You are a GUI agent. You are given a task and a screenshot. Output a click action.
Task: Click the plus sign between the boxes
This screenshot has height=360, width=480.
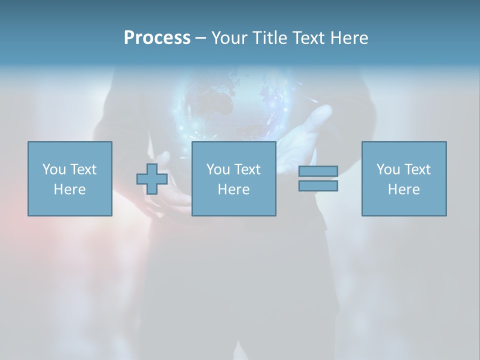[x=152, y=179]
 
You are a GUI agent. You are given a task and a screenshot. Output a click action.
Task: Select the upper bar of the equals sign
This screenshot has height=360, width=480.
[x=318, y=171]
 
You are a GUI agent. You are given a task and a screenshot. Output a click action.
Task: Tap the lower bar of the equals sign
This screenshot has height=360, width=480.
[x=318, y=185]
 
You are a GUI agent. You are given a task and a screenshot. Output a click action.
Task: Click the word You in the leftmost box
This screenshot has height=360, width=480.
[x=54, y=169]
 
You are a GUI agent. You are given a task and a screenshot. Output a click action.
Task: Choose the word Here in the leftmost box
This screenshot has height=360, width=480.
[x=69, y=189]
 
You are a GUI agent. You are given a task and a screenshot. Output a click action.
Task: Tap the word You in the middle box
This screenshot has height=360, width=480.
[x=218, y=169]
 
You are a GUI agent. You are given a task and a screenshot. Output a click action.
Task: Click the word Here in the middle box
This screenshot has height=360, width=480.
[x=233, y=189]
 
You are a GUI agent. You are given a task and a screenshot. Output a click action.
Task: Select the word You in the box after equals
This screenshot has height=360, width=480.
[x=388, y=169]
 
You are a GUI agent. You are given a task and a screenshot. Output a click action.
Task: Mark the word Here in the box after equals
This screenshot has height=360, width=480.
[x=403, y=189]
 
